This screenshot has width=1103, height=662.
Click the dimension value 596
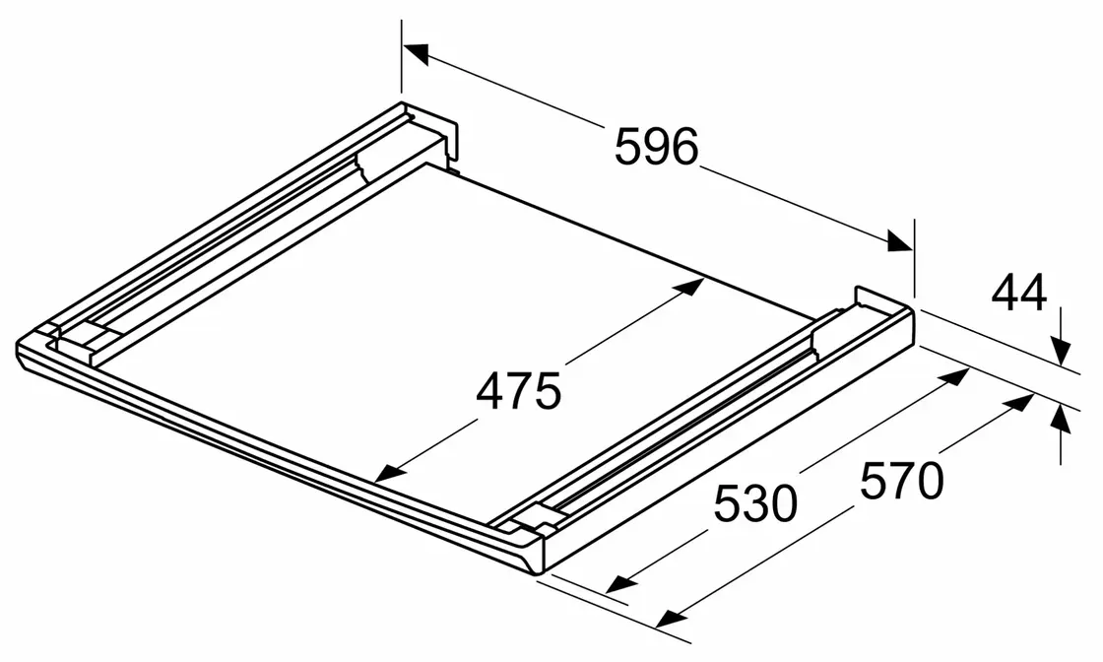pos(656,147)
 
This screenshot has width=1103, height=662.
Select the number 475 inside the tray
pos(518,391)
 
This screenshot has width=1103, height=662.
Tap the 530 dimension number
pos(755,503)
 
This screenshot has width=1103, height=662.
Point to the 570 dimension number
pos(901,481)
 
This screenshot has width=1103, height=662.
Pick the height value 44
pos(1018,294)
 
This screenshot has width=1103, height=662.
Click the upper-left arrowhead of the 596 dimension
pos(415,53)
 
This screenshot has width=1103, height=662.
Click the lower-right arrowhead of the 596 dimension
pos(900,241)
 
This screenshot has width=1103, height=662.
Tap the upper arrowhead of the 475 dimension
pos(690,287)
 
